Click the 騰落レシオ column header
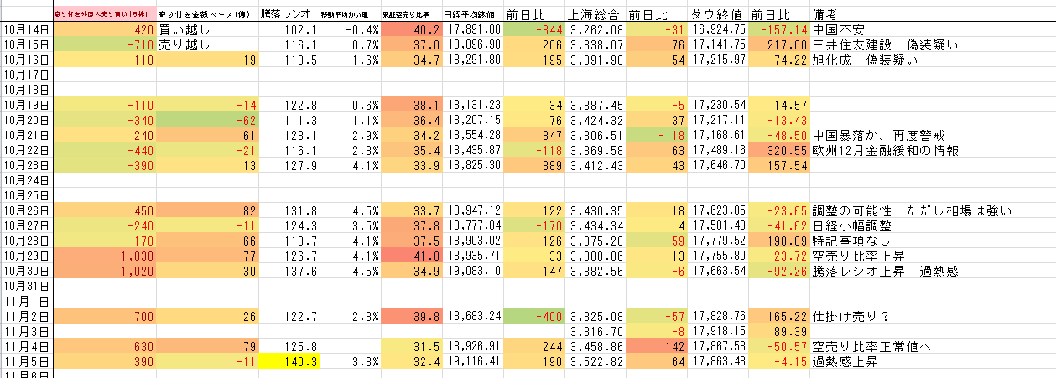pos(285,14)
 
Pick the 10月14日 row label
pos(26,29)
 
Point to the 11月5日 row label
pos(26,361)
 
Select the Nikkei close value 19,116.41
pos(473,361)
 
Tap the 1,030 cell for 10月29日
pos(104,256)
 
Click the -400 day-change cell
pos(533,316)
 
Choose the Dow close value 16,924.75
pos(716,29)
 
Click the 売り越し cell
pos(184,44)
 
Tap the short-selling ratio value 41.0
pos(411,256)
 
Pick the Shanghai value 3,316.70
pos(596,331)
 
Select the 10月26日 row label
pos(26,210)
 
